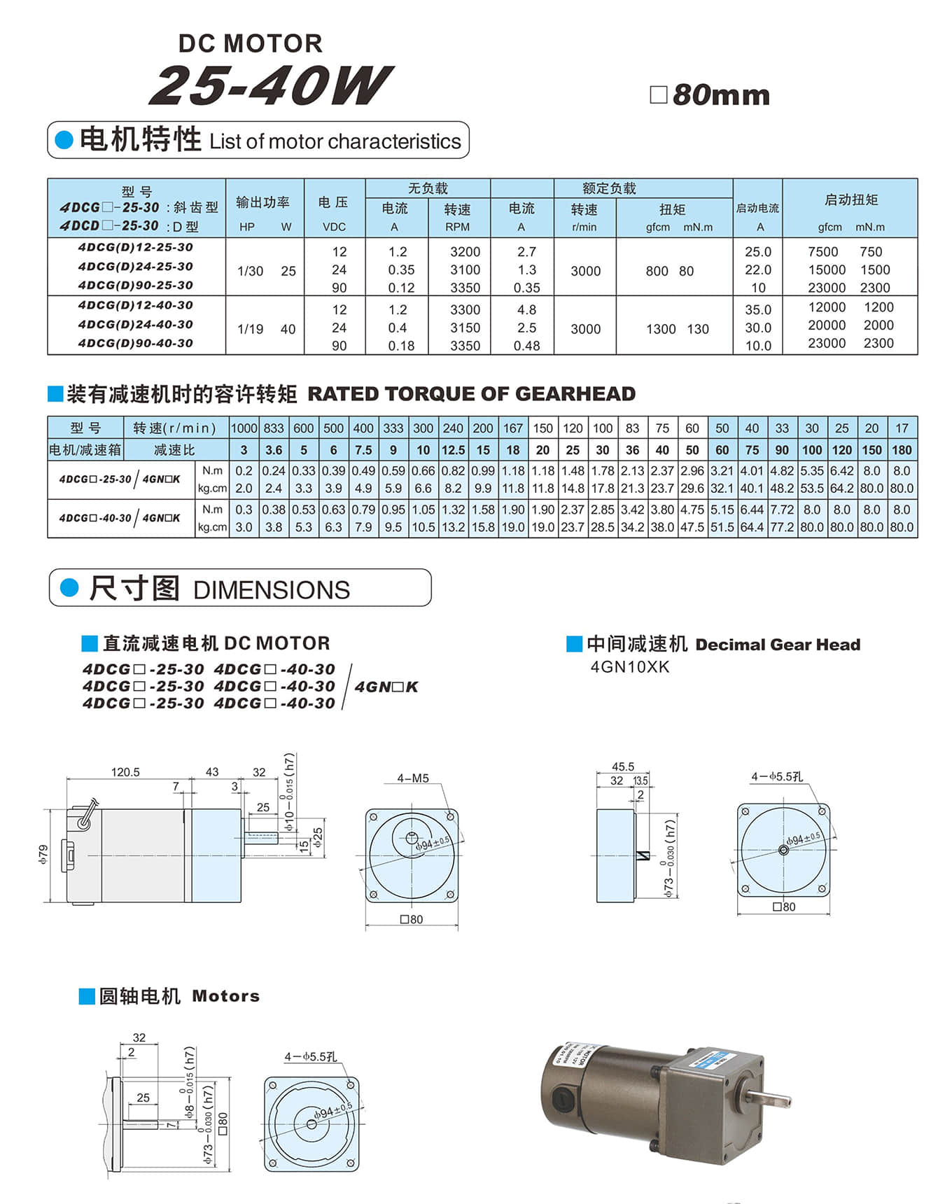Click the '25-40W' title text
[270, 86]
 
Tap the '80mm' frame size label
[720, 95]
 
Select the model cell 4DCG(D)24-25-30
[136, 267]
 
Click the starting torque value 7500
[822, 252]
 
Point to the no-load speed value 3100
[465, 270]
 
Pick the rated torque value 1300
[661, 329]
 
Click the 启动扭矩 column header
[850, 200]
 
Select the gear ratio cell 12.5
[453, 450]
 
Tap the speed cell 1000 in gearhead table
[244, 428]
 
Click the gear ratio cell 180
[902, 450]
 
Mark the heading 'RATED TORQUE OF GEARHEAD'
[471, 394]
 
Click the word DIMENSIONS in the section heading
[272, 590]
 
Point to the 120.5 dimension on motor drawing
[125, 772]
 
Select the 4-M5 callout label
[413, 778]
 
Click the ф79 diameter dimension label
[43, 854]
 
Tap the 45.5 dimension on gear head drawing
[622, 766]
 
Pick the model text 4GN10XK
[630, 667]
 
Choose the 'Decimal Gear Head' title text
[778, 645]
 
